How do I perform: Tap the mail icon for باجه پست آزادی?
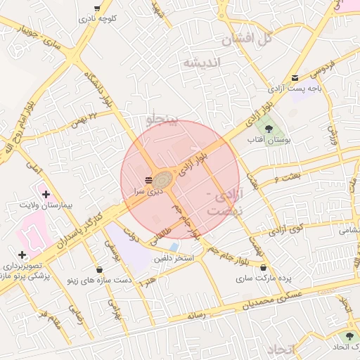click(x=295, y=76)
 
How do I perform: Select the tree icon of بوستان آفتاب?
click(x=269, y=127)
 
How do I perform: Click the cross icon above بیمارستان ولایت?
click(x=46, y=193)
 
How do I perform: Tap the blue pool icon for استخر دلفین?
click(x=174, y=247)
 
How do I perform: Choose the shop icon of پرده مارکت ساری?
click(x=263, y=268)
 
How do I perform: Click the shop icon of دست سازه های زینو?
click(x=98, y=269)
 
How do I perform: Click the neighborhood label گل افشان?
click(x=247, y=39)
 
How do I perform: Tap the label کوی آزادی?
click(x=286, y=229)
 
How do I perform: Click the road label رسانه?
click(x=196, y=316)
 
